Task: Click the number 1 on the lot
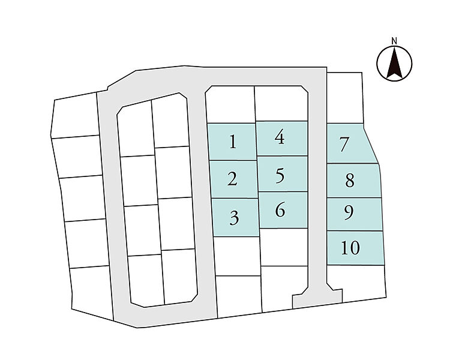click(x=233, y=142)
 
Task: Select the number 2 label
click(x=232, y=179)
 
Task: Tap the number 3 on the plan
click(x=235, y=218)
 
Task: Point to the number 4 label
click(x=280, y=137)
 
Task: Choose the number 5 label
click(x=280, y=176)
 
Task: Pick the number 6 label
click(x=280, y=209)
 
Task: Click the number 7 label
click(x=344, y=145)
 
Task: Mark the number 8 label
click(x=350, y=181)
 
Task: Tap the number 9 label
click(x=349, y=213)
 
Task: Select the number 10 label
click(x=350, y=248)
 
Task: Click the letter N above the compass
click(x=394, y=41)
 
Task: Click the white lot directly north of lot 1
click(x=230, y=105)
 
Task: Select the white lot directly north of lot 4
click(x=281, y=103)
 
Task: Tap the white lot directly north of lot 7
click(x=345, y=98)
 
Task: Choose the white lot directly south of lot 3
click(x=237, y=256)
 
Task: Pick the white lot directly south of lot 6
click(x=284, y=247)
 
